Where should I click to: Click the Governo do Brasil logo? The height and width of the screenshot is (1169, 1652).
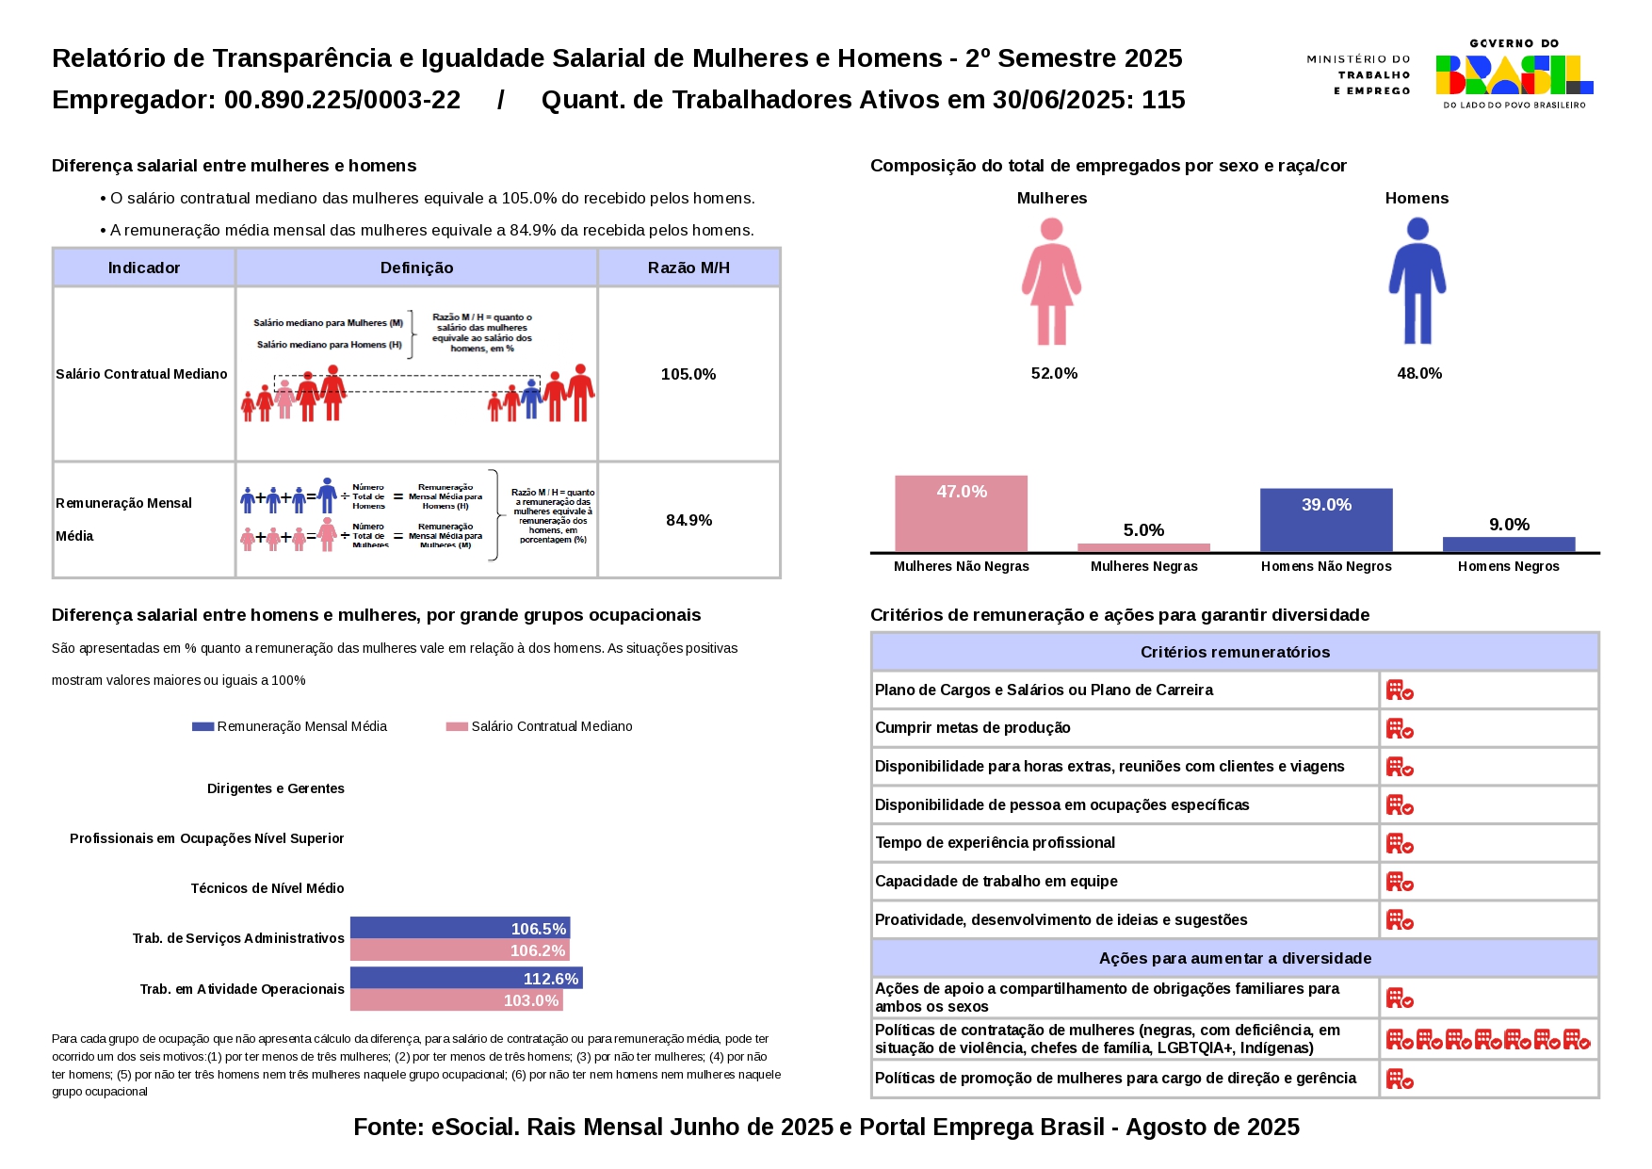[x=1514, y=74]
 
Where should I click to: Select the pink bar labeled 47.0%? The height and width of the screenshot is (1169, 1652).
[x=961, y=513]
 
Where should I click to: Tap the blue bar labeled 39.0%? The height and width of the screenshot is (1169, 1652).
[x=1326, y=520]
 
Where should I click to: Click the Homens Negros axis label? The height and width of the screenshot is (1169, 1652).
[x=1508, y=566]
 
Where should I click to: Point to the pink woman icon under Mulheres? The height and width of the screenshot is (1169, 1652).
[x=1052, y=282]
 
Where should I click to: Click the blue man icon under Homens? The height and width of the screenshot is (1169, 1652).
[x=1417, y=282]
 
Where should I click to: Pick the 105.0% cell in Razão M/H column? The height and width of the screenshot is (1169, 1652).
[x=688, y=374]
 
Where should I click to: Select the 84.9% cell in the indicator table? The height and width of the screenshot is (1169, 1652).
[x=688, y=520]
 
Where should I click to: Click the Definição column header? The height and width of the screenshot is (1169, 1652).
[x=416, y=268]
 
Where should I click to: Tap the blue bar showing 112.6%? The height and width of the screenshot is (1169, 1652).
[x=466, y=978]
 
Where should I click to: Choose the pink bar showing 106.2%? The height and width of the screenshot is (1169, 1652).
[x=460, y=950]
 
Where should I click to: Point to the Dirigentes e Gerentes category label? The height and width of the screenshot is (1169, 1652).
[x=276, y=788]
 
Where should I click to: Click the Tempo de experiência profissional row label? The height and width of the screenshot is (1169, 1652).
[x=995, y=842]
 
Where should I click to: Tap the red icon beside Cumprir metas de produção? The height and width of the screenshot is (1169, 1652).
[x=1400, y=728]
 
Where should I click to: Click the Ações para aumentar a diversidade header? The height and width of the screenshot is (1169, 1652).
[x=1235, y=958]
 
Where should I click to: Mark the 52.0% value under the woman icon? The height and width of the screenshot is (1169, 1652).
[x=1054, y=373]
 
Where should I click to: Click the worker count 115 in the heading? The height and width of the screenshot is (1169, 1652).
[x=1163, y=100]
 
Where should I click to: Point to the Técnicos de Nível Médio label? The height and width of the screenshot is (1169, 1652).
[x=267, y=888]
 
